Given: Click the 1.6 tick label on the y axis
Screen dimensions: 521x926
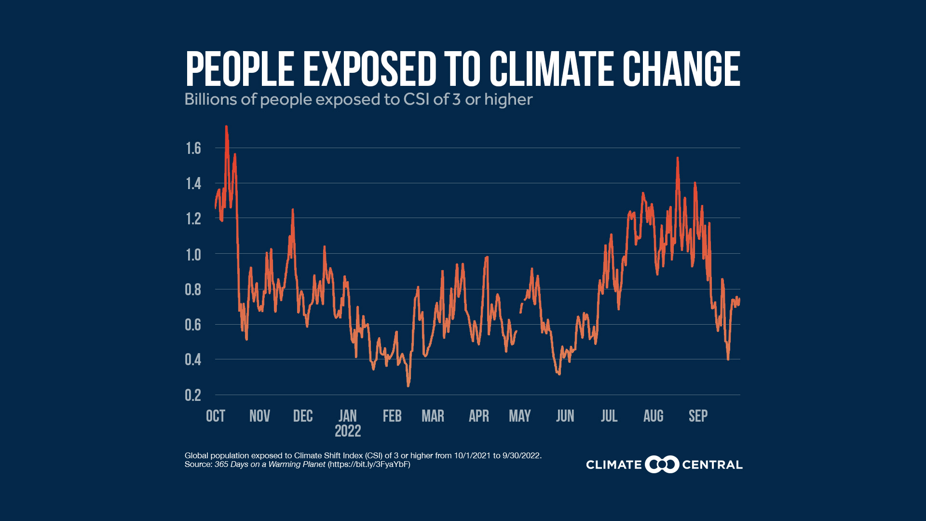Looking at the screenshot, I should coord(193,149).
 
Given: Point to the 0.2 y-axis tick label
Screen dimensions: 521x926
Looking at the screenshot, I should coord(193,396).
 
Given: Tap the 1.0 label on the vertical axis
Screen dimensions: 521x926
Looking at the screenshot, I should coord(193,255).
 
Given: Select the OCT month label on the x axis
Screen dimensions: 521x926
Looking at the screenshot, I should coord(215,416).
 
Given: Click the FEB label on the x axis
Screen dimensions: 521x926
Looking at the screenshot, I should coord(392,416).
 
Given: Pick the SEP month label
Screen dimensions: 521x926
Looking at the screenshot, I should coord(698,416).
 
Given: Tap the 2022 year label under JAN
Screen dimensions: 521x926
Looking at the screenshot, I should coord(348,431).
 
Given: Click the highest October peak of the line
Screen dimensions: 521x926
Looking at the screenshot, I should coord(226,127).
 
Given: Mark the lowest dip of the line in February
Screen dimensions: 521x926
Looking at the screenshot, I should coord(408,385).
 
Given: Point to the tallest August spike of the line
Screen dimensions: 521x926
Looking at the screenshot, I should coord(678,158).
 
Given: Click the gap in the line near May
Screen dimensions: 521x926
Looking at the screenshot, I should coord(518,322).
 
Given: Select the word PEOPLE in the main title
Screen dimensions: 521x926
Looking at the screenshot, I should coord(240,69).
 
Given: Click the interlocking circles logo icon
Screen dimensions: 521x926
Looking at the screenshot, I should coord(662,465).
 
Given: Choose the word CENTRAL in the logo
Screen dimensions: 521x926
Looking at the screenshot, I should coord(712,465).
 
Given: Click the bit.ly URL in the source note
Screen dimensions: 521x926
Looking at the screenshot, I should coord(369,465).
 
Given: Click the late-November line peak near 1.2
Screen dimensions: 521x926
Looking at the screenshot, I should coord(293,210).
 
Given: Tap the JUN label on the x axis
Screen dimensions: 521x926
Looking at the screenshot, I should coord(565,416).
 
